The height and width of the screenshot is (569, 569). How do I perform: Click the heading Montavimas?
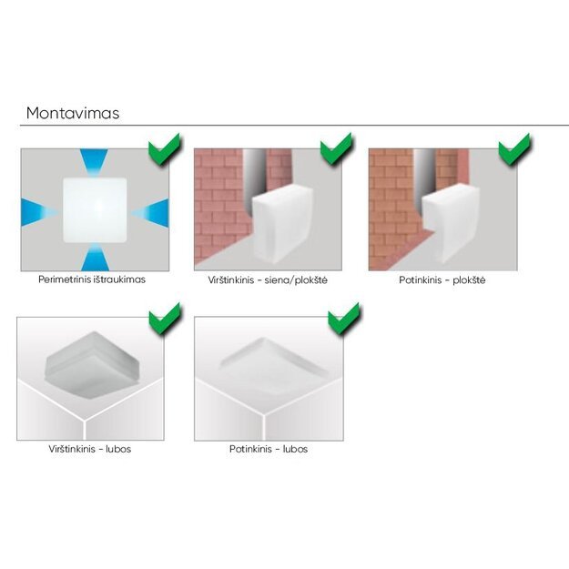[73, 113]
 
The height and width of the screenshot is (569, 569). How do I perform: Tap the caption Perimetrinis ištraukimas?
[92, 279]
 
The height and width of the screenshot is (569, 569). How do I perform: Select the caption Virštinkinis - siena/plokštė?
[268, 280]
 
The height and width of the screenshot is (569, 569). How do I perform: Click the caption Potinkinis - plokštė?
[442, 280]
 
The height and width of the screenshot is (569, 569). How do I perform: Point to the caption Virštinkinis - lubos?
[90, 449]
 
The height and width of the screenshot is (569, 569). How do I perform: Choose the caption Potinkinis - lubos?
[269, 449]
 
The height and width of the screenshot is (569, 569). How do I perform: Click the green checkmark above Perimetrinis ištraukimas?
[165, 149]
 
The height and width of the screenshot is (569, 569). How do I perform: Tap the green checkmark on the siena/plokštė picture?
[336, 149]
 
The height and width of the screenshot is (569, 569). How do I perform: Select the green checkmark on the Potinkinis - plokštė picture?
[514, 149]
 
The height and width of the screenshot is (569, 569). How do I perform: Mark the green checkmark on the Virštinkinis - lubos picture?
[165, 319]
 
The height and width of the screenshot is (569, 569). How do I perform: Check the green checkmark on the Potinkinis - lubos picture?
[343, 319]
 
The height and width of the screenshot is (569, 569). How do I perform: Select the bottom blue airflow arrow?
[95, 257]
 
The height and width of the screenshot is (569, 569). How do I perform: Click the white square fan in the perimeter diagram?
[95, 209]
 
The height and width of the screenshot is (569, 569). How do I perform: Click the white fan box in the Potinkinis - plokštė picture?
[451, 224]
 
